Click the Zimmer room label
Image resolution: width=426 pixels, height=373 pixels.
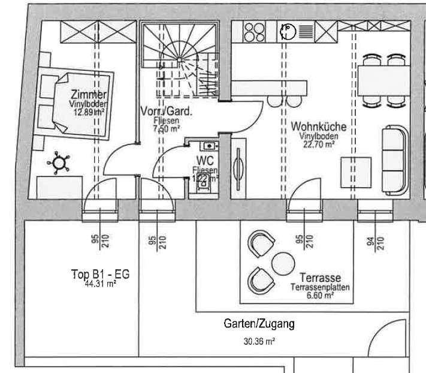[x=89, y=95]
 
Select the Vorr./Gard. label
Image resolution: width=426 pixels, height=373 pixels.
[x=166, y=112]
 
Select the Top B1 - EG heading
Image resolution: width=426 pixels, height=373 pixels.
[x=100, y=275]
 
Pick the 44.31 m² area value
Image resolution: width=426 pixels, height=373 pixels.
[x=101, y=284]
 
